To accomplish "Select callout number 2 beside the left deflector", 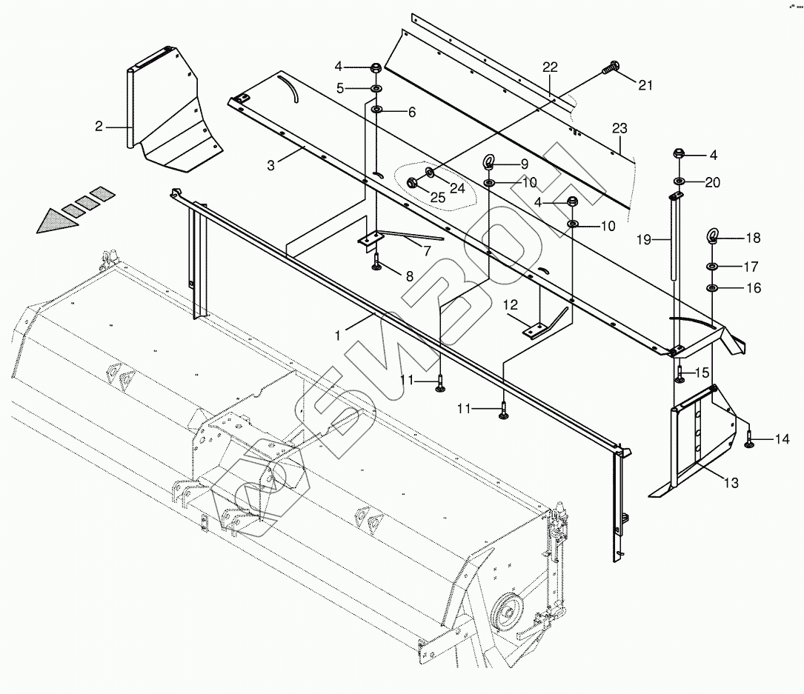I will (99, 127).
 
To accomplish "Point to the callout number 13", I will (731, 484).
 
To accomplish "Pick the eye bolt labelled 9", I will (490, 163).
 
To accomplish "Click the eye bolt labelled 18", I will (712, 237).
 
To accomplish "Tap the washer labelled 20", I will (678, 181).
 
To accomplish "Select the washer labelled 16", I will (711, 288).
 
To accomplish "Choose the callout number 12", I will (511, 304).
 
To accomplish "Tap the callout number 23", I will (619, 129).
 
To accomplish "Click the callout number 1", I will (339, 335).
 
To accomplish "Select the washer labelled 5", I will (376, 89).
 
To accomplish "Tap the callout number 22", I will (550, 67).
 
